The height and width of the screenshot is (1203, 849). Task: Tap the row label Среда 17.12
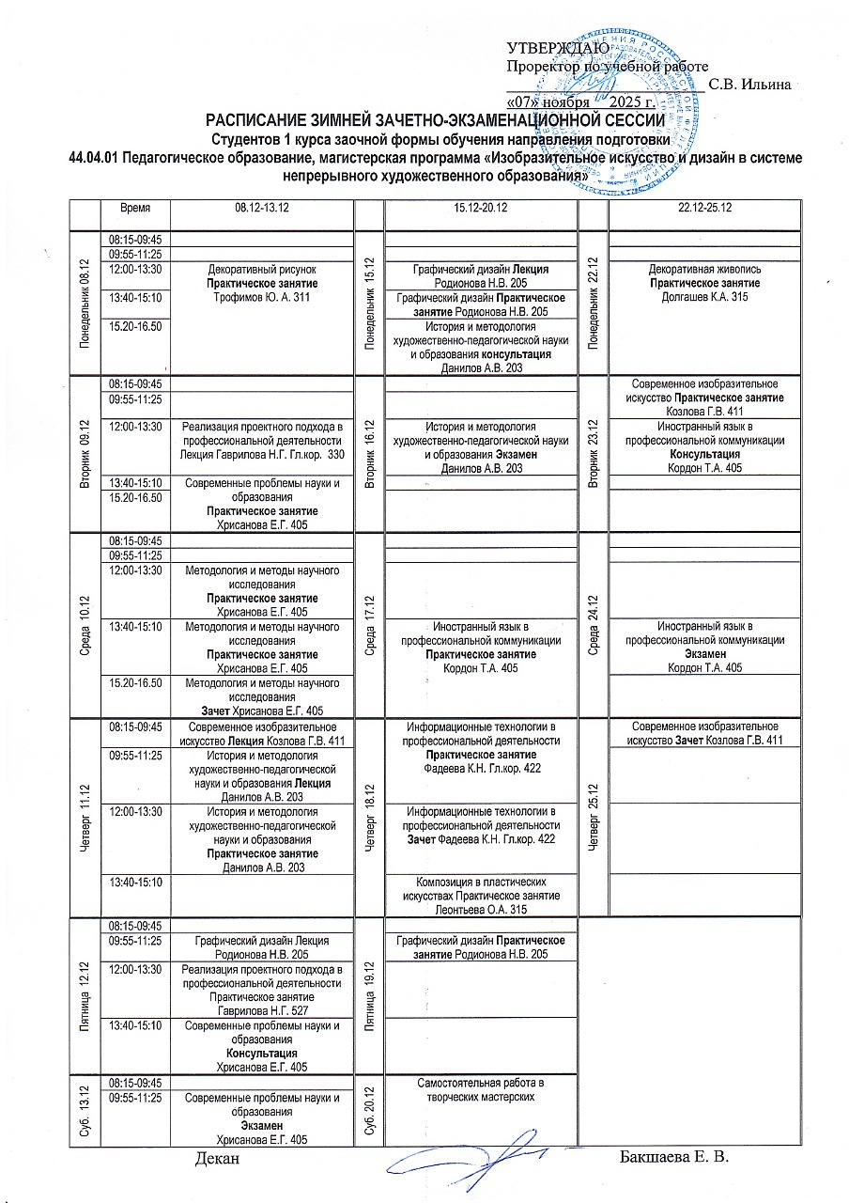tap(371, 627)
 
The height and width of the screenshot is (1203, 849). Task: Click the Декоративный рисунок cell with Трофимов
tap(262, 284)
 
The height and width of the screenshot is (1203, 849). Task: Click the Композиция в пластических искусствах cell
tap(482, 896)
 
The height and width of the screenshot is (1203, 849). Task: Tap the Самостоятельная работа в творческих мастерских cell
tap(482, 1089)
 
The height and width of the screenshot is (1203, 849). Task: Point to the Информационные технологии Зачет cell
tap(482, 825)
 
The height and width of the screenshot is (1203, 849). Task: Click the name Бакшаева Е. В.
tap(674, 1155)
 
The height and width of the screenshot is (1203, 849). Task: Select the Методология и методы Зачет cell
tap(262, 696)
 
